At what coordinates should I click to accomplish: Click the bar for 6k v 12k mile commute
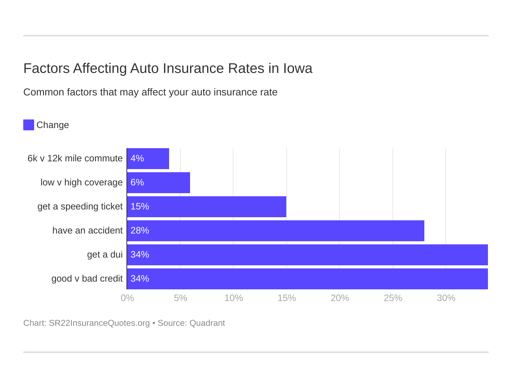[148, 159]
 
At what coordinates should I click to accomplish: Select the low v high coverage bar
[159, 183]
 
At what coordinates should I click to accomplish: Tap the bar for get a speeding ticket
[207, 207]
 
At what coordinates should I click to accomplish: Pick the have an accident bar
[276, 231]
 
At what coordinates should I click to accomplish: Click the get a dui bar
[308, 255]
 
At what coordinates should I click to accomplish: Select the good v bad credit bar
[308, 279]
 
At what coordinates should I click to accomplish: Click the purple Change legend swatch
[29, 125]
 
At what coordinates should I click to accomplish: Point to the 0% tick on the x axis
[127, 298]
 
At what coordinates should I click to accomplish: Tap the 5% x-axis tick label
[180, 298]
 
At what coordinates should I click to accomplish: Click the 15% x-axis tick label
[287, 298]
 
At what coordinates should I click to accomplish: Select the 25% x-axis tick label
[393, 298]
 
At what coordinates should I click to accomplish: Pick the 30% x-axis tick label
[446, 298]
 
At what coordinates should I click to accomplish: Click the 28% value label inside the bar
[140, 231]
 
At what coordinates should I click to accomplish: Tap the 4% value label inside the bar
[137, 159]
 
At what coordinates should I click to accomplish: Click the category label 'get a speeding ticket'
[80, 206]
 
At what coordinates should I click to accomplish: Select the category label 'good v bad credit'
[87, 278]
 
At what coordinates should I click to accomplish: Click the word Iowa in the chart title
[298, 68]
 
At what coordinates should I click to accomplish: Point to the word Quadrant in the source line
[207, 323]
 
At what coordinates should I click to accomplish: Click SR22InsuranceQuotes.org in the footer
[99, 323]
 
